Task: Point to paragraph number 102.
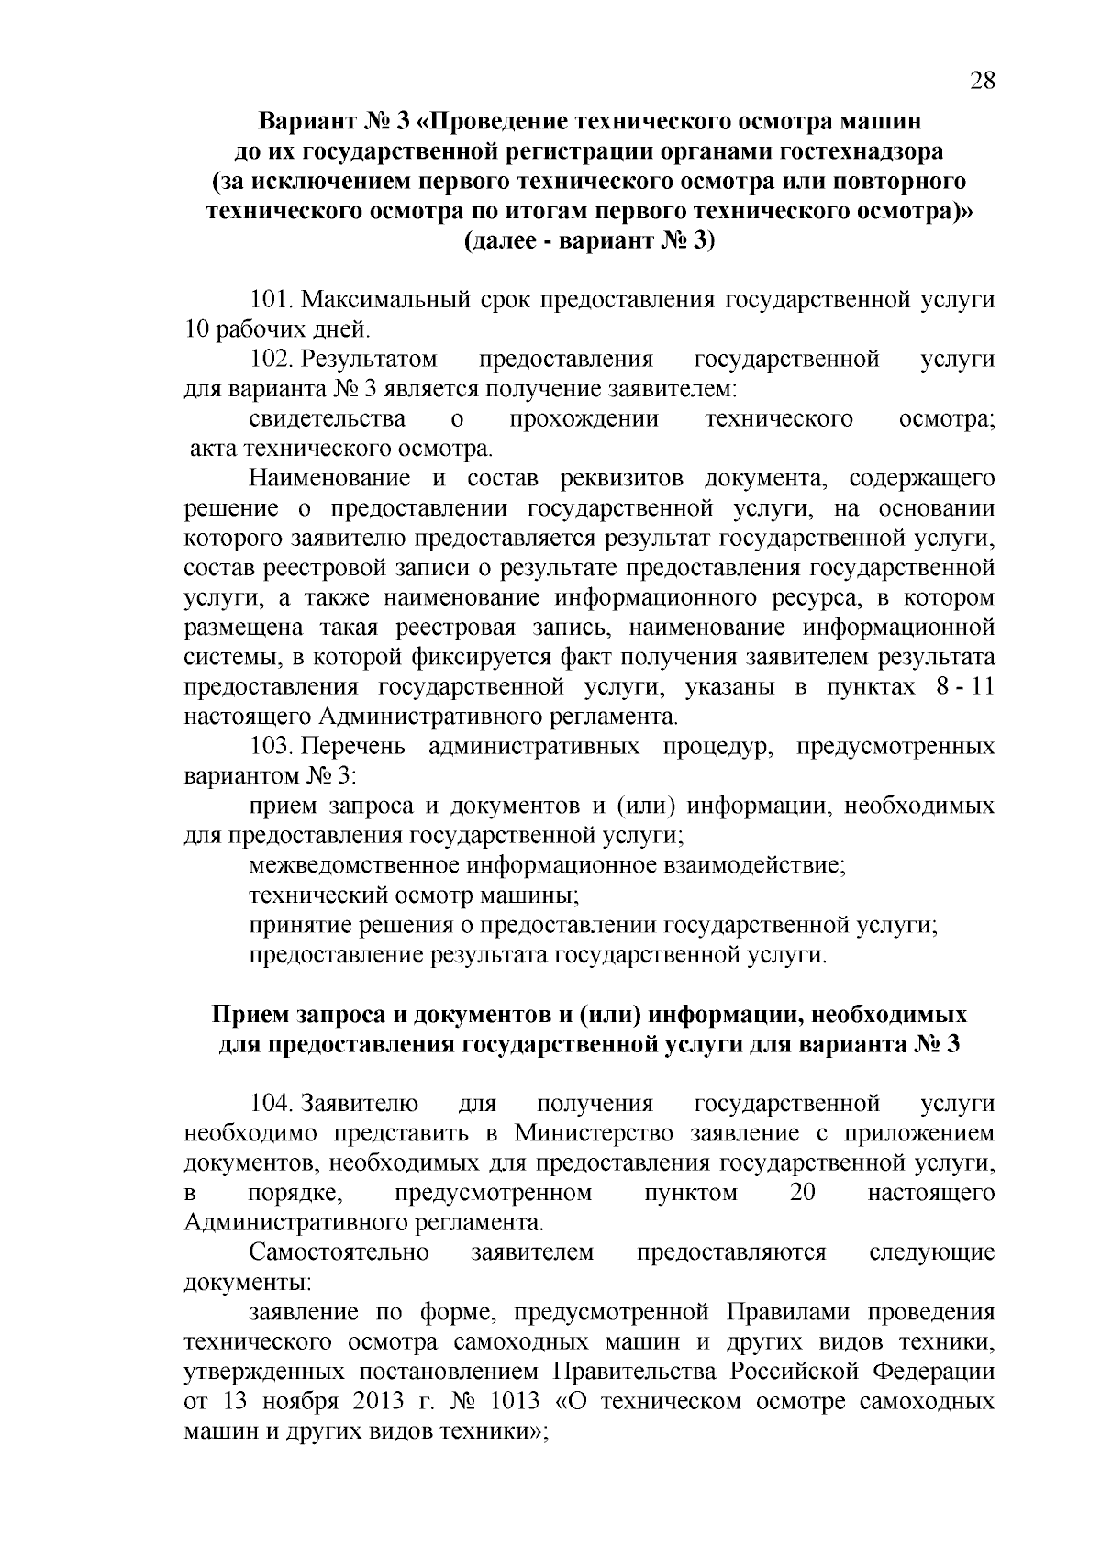pos(271,359)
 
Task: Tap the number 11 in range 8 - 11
pos(982,687)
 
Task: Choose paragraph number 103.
pos(271,747)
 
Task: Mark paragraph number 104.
pos(271,1104)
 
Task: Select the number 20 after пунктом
pos(803,1193)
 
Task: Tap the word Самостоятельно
pos(339,1252)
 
